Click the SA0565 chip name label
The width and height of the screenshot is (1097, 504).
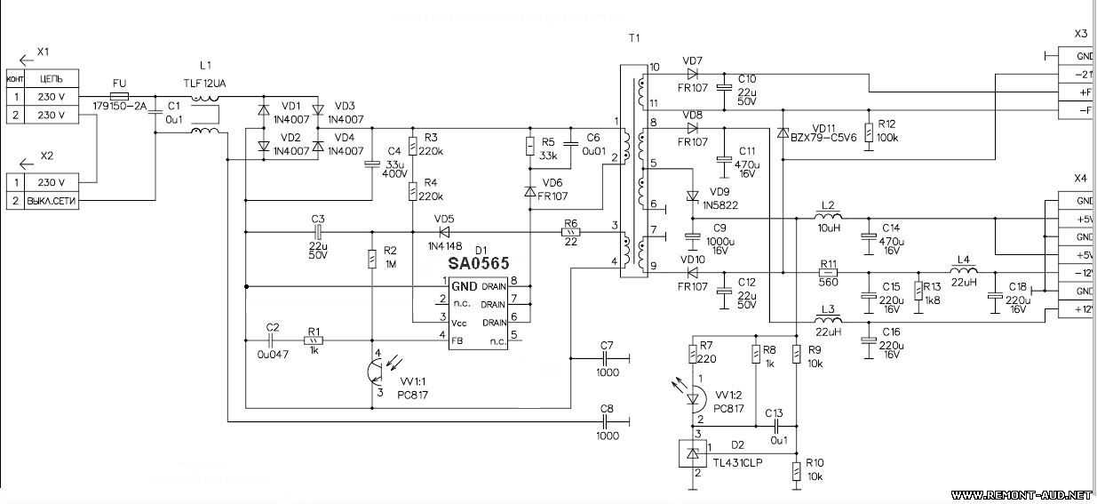[x=479, y=264]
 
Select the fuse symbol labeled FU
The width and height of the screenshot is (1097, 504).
[x=119, y=95]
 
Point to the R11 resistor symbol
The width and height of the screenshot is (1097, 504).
[x=829, y=274]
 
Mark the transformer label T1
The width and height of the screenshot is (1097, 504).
[x=633, y=38]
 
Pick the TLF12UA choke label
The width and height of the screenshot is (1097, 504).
[x=205, y=82]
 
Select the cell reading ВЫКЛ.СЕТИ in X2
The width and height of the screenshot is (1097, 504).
[x=52, y=202]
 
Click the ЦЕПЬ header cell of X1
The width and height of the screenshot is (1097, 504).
[x=52, y=79]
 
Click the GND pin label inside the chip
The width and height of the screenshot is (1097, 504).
[x=464, y=286]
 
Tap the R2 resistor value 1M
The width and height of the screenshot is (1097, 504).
[x=390, y=264]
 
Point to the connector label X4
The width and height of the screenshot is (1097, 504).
[x=1080, y=177]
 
